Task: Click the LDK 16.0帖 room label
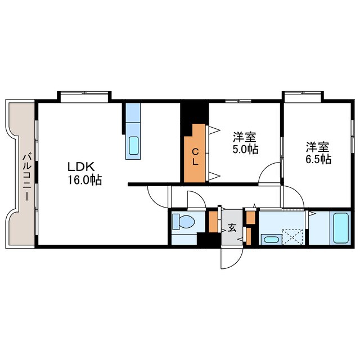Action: coord(85,174)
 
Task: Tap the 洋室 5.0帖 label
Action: coord(245,143)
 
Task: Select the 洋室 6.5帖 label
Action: coord(318,153)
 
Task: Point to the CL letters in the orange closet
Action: coord(195,156)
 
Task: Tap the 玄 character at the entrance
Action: coord(232,228)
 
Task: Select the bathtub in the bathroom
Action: coord(341,227)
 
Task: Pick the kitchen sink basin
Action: coord(134,147)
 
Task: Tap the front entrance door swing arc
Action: coord(230,258)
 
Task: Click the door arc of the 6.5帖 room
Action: coord(294,197)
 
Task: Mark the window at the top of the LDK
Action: coord(84,96)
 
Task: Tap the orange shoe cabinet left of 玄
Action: coord(213,221)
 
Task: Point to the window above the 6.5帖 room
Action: coord(303,96)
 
